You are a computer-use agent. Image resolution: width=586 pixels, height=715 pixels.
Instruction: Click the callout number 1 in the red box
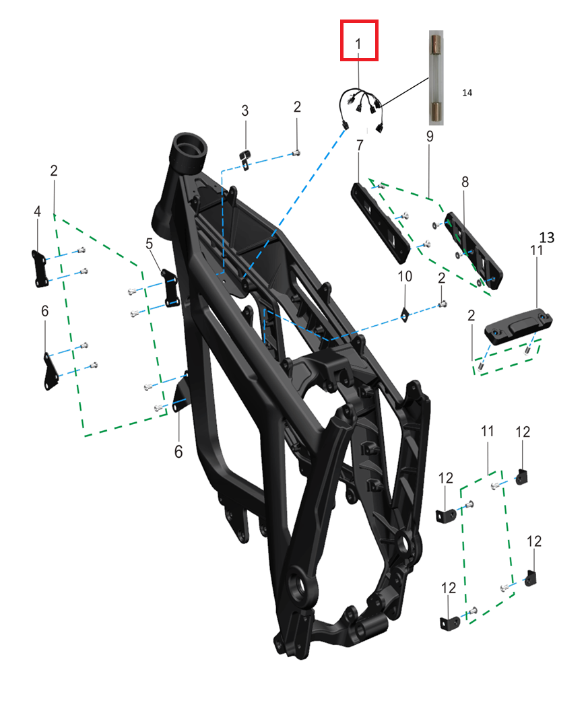[358, 44]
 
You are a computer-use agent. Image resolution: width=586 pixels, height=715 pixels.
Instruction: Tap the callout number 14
[467, 92]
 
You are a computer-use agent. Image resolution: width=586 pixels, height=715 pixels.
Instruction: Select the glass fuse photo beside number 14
[436, 77]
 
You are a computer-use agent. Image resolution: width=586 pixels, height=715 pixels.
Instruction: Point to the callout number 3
[245, 110]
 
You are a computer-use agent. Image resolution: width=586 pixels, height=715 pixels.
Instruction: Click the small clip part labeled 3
[246, 159]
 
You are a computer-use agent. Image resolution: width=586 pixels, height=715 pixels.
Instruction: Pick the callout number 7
[360, 145]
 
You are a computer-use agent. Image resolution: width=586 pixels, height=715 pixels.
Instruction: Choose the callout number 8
[465, 182]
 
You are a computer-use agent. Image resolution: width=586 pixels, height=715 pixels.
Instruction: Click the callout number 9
[430, 136]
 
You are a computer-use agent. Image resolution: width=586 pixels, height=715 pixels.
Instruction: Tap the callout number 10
[405, 276]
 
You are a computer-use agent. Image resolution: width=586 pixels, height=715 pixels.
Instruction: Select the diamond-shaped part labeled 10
[405, 314]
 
